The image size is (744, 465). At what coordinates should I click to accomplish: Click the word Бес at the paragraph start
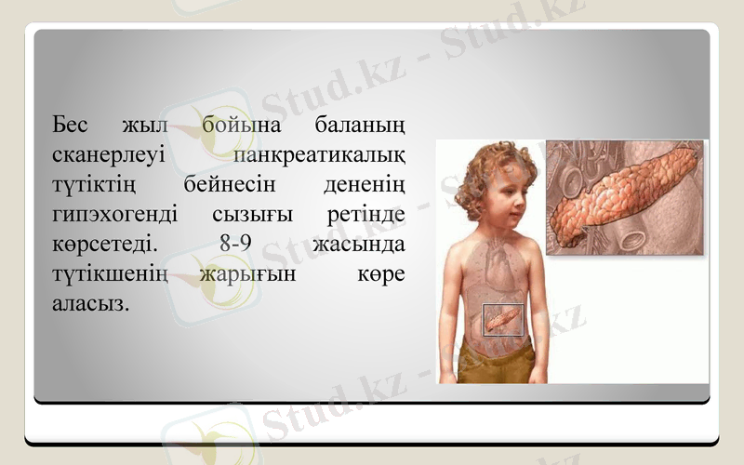(71, 124)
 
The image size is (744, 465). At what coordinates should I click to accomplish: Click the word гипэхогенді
(110, 216)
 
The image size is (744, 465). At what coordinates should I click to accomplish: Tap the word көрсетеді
(103, 246)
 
